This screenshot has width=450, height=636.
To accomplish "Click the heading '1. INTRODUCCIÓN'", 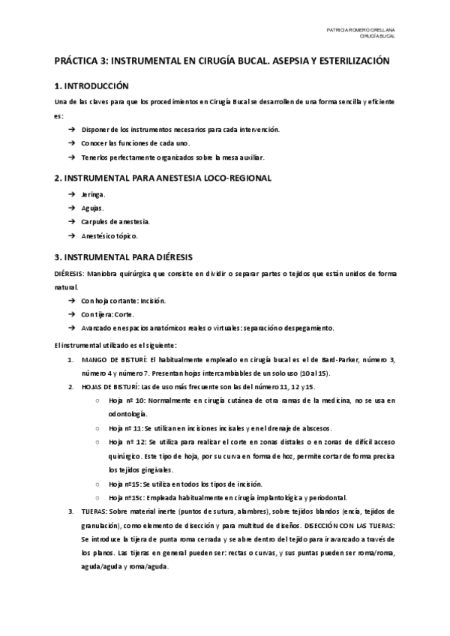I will coord(92,86).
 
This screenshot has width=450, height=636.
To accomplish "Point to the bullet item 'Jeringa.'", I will coord(94,194).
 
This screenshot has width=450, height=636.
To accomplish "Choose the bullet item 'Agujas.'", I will coord(93,208).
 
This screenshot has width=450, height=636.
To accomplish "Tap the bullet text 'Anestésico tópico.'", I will coord(110,235).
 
